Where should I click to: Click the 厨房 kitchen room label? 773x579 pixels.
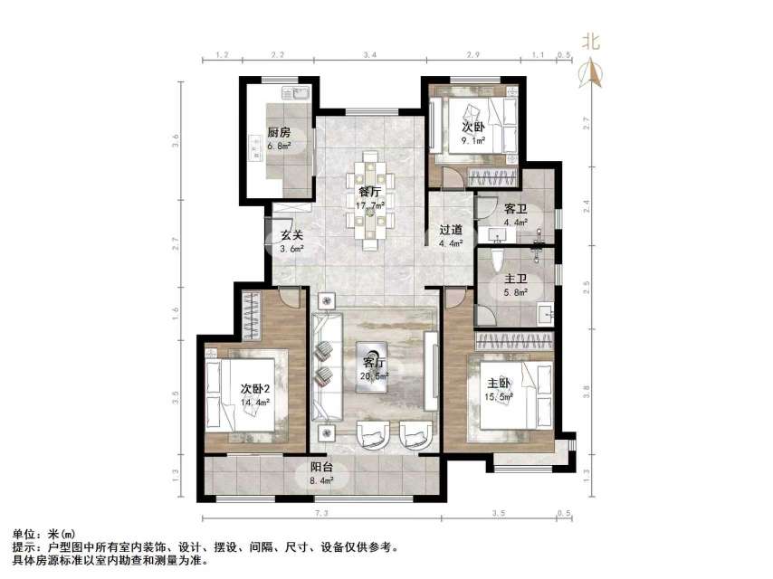[278, 132]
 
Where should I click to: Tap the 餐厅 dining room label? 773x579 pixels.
[369, 192]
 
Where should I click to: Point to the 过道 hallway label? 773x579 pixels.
[452, 230]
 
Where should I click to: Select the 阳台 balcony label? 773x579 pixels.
[320, 469]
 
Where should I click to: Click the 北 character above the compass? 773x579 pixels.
[591, 42]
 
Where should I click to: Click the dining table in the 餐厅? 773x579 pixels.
[369, 201]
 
